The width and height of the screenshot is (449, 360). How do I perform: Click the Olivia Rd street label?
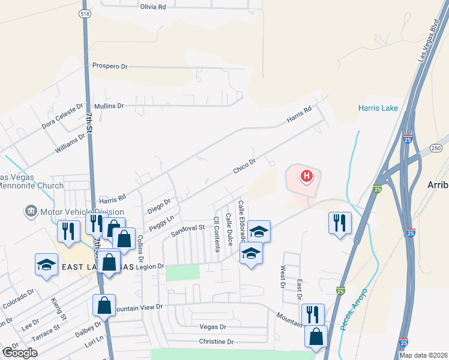pos(152,7)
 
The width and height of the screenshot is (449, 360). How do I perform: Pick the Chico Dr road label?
pos(244,166)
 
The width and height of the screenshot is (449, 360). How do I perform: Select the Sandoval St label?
pos(188,229)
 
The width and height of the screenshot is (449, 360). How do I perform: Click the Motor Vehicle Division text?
pos(82,212)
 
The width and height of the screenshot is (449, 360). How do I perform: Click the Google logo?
pos(19,353)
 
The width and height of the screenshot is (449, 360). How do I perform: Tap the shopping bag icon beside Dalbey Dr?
pos(104,305)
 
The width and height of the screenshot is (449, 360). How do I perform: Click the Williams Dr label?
pos(71,145)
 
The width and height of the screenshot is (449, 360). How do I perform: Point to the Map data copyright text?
pos(424,355)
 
